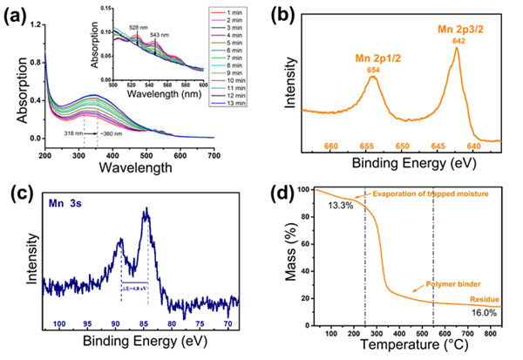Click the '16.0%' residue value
489,312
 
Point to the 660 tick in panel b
331,146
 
